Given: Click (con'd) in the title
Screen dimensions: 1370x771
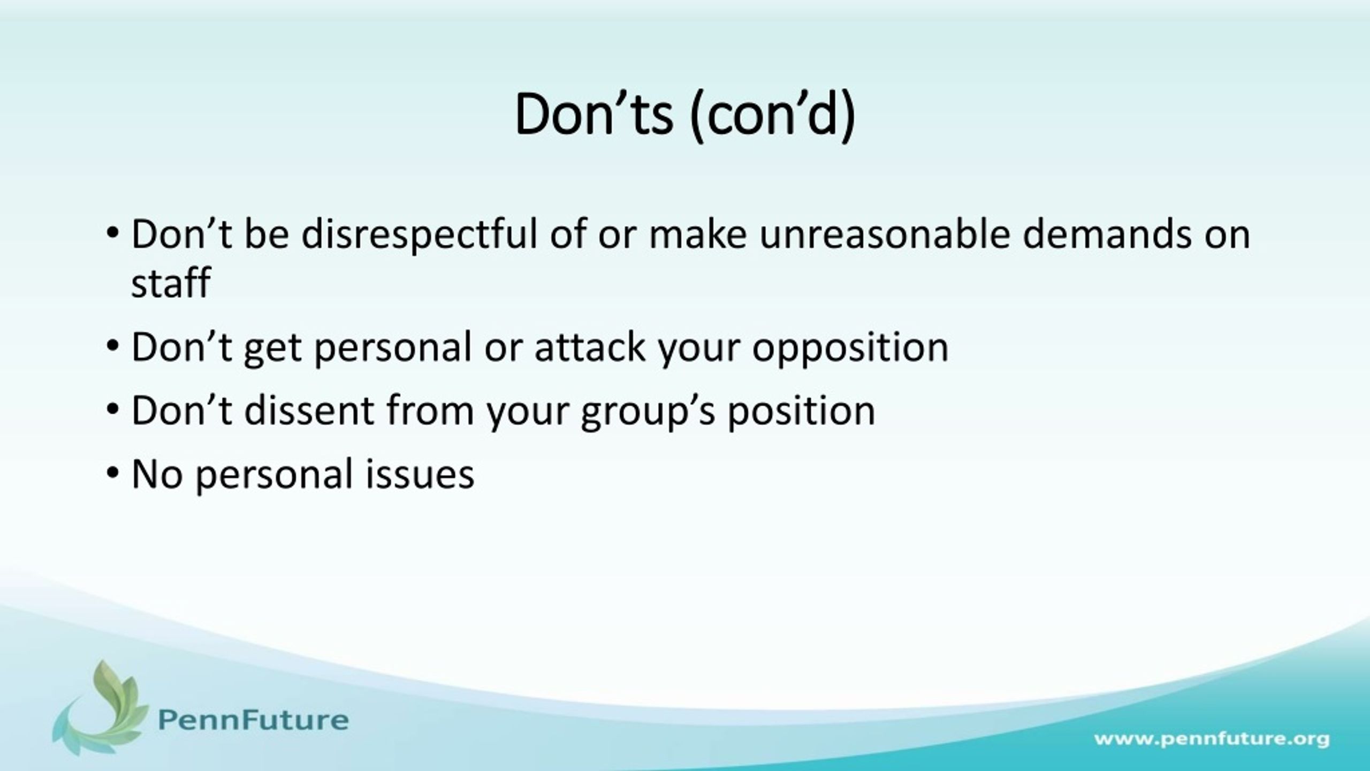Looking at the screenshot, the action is (x=773, y=117).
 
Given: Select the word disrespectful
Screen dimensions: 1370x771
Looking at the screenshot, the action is (x=419, y=236).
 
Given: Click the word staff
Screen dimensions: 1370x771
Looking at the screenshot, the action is (x=171, y=282).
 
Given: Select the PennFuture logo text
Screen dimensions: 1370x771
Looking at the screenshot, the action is (x=254, y=720).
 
